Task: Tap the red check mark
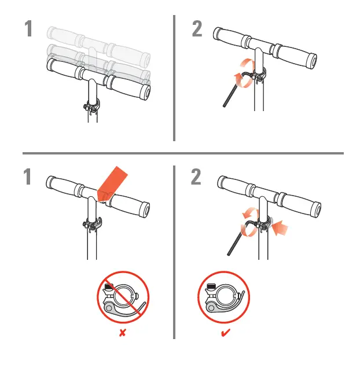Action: point(225,334)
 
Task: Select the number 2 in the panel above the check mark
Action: point(197,178)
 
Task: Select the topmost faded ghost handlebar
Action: point(98,39)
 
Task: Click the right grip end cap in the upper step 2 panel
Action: point(313,60)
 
